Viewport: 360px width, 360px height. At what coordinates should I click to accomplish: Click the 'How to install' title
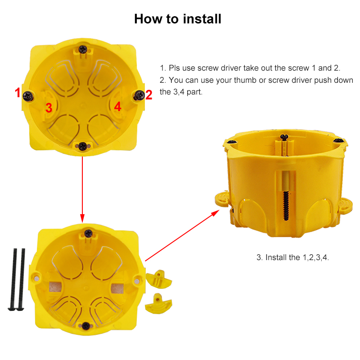pos(178,19)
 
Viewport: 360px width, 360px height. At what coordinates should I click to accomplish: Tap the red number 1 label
pos(18,93)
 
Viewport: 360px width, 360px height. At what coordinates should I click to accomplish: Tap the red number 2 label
pos(149,94)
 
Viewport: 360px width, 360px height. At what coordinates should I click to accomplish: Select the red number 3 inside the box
pos(49,108)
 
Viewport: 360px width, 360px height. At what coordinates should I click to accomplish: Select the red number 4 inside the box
pos(117,107)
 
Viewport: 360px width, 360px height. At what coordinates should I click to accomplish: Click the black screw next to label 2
pos(139,94)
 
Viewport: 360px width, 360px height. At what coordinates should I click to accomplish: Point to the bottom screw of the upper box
pos(83,145)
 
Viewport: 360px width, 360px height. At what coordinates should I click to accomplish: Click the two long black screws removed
pos(18,279)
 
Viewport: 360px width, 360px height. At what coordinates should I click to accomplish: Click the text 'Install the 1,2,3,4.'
pos(293,257)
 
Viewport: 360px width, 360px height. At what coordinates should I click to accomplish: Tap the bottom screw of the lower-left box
pos(85,325)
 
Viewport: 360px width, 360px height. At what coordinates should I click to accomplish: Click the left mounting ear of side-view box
pos(222,198)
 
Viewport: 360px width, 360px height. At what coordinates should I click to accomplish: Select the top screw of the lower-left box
pos(89,233)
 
